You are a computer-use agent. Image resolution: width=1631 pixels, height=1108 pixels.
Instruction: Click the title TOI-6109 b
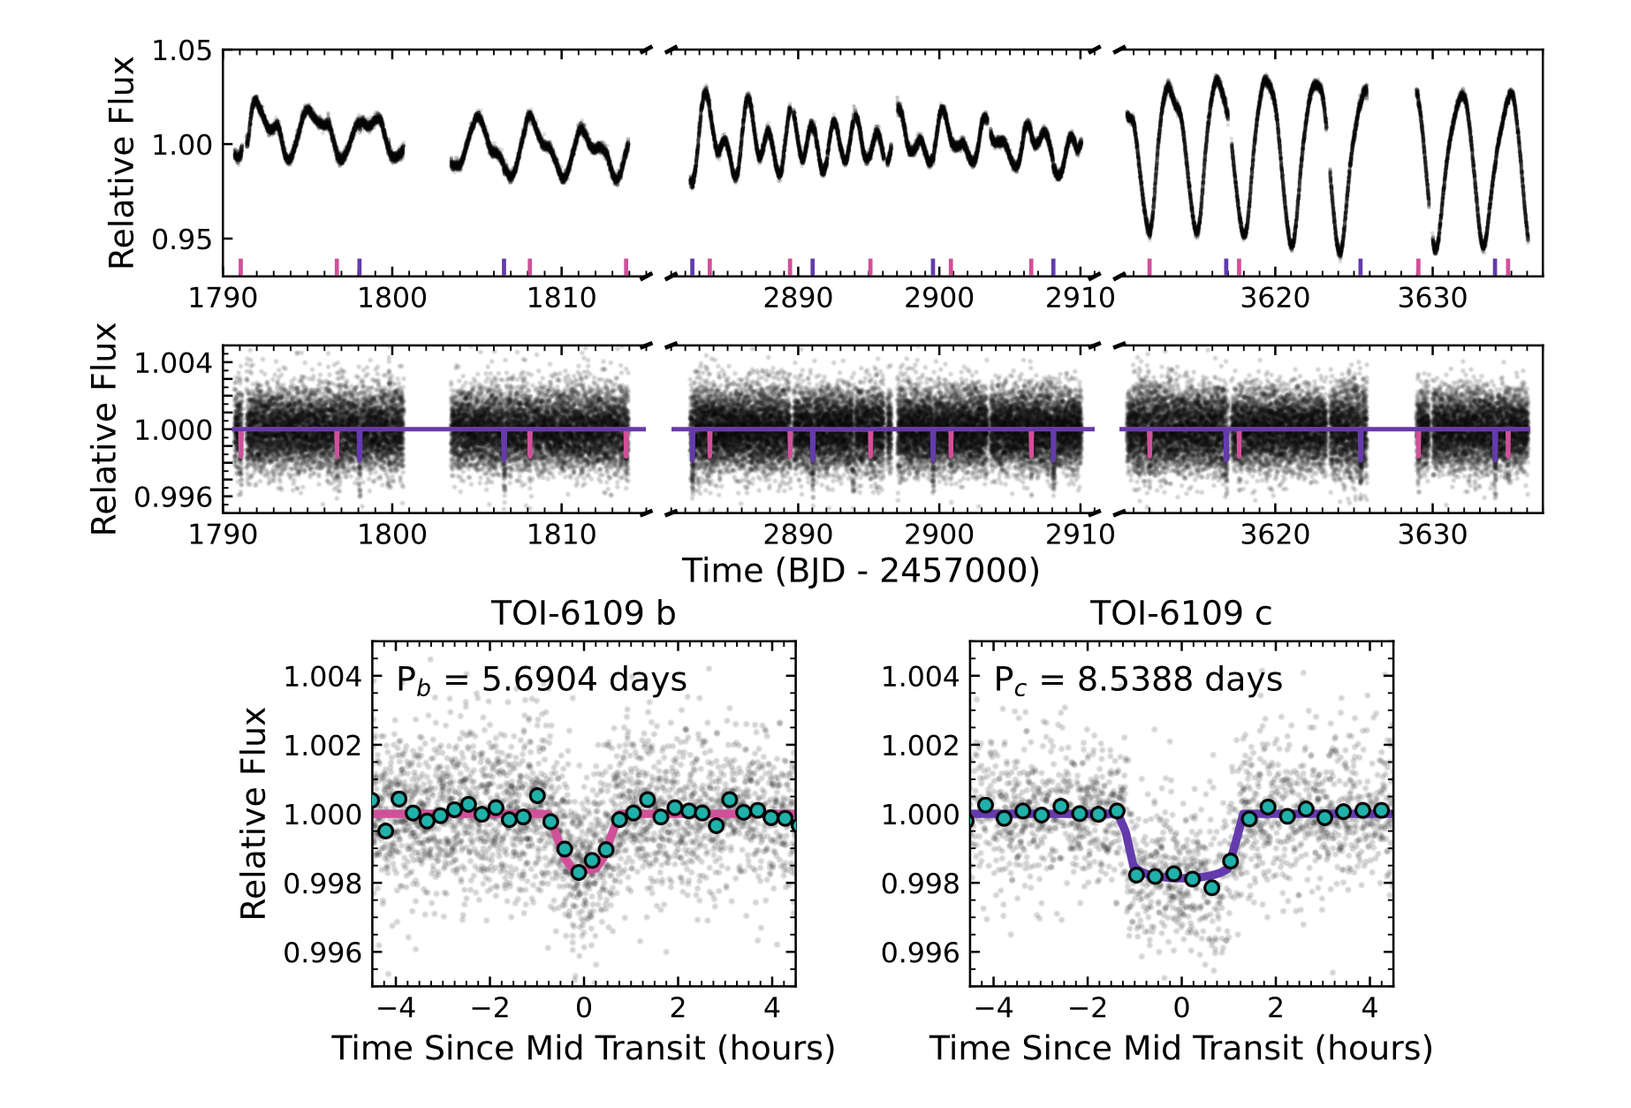click(x=583, y=613)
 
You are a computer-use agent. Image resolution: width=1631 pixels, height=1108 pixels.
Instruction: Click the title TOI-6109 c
click(x=1180, y=613)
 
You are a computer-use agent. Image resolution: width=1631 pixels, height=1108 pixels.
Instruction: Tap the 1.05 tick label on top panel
click(x=182, y=51)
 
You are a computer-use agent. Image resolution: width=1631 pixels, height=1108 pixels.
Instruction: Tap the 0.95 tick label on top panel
click(x=182, y=239)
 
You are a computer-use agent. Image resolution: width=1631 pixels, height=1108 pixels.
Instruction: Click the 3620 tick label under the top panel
click(x=1275, y=298)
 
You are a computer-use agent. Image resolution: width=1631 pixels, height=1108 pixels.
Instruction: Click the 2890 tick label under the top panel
click(x=798, y=298)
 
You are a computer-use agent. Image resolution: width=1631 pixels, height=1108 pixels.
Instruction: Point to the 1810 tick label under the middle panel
click(x=562, y=535)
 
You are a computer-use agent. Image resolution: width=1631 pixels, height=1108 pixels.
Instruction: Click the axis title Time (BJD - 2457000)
click(x=861, y=571)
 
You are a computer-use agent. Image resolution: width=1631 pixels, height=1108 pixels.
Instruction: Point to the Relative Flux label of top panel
click(x=122, y=163)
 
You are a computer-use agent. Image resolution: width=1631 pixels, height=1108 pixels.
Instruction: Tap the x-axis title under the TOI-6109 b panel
click(x=583, y=1048)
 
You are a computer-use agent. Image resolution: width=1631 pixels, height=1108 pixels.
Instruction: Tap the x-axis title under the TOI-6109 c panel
click(x=1180, y=1048)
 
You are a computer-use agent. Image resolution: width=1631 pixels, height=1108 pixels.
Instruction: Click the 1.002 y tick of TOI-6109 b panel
click(x=322, y=746)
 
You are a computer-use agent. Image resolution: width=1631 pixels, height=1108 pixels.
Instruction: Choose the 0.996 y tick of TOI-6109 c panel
click(x=920, y=952)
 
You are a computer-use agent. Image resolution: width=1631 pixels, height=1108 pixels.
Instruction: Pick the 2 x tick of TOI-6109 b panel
click(x=678, y=1008)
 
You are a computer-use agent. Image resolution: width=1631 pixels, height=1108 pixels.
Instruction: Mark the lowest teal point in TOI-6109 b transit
click(x=579, y=872)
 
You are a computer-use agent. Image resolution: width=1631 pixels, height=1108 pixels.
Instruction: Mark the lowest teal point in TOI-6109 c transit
click(x=1211, y=887)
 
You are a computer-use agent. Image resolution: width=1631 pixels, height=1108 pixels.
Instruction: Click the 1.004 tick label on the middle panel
click(x=173, y=362)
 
